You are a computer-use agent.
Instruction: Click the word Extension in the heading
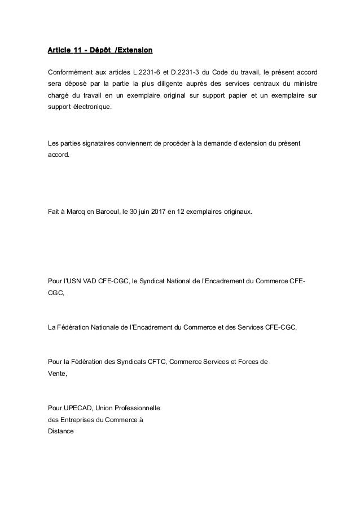(134, 52)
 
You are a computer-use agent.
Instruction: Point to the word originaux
(237, 212)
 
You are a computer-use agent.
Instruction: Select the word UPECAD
(76, 407)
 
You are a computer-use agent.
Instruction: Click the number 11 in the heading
(77, 52)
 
